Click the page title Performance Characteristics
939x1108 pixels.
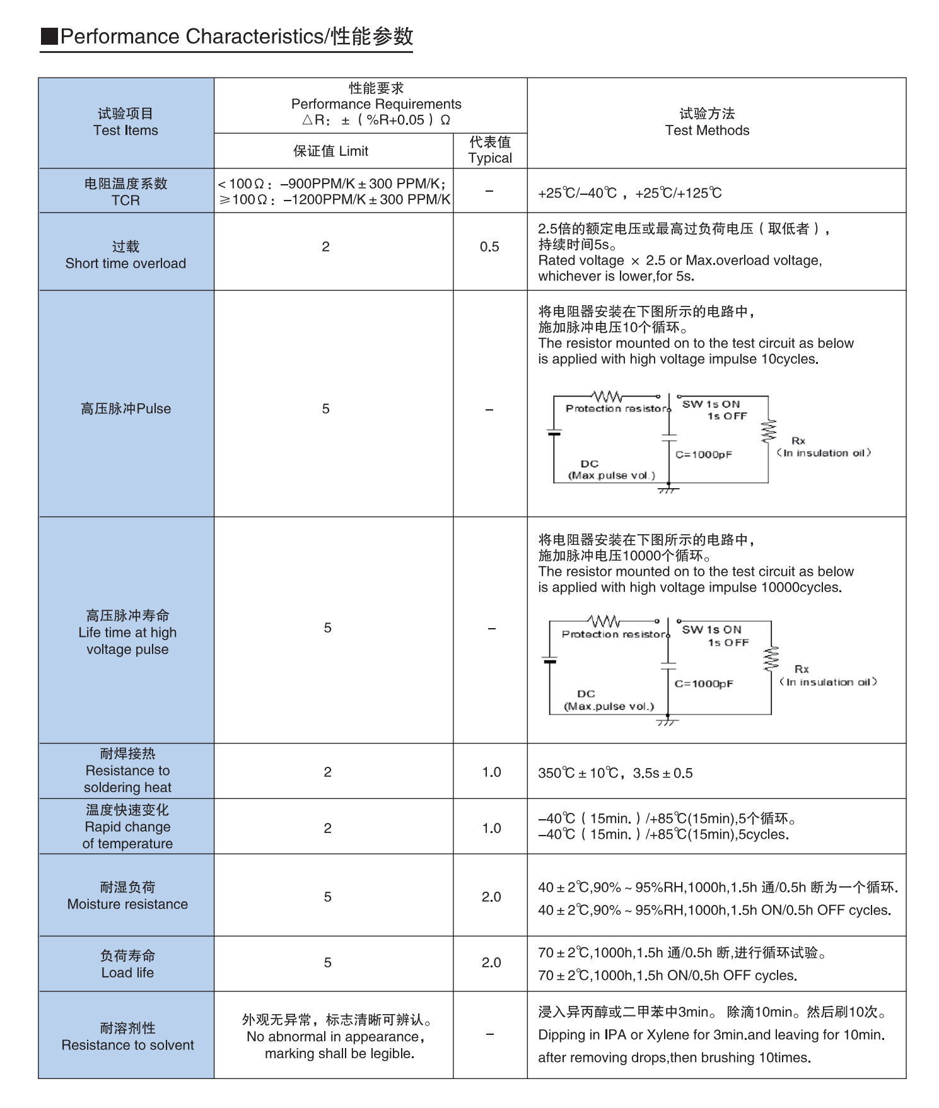227,37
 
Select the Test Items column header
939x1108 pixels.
125,122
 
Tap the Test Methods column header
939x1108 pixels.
707,122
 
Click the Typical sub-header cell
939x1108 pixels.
490,150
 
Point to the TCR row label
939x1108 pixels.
125,192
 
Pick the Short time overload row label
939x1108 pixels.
125,255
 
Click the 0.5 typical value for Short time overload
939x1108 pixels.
489,247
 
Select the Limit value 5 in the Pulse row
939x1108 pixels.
325,409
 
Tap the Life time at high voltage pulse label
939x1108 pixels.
127,632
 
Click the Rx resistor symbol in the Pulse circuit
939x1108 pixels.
768,431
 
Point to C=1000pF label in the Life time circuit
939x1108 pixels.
704,684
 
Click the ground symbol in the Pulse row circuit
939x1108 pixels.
668,489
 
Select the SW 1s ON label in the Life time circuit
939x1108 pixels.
711,629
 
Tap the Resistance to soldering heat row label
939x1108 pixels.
127,771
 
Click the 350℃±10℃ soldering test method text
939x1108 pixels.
615,773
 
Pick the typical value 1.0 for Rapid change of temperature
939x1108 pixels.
491,828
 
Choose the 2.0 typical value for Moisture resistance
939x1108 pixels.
491,897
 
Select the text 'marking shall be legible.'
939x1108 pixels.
339,1054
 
